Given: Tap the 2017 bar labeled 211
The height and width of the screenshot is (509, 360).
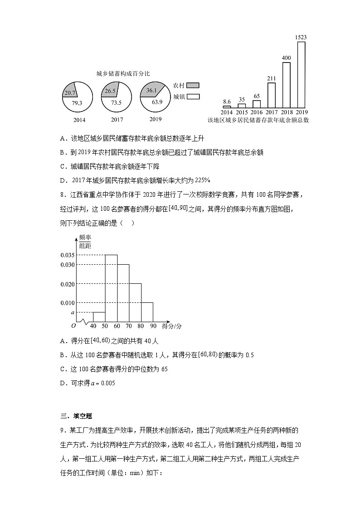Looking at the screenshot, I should (x=272, y=96).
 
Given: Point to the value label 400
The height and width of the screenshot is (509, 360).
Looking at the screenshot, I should (x=287, y=58).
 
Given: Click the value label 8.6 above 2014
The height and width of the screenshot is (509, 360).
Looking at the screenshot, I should (x=227, y=102).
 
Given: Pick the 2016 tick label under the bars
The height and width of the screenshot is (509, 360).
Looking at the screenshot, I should (x=257, y=112).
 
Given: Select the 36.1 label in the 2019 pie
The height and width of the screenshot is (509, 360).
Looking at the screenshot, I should (x=151, y=91).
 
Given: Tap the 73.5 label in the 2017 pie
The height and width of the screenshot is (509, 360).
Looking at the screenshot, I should (x=117, y=102).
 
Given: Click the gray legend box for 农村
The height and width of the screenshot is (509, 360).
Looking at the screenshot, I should (x=193, y=85).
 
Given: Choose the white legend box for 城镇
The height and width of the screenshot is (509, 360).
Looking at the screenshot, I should (x=193, y=97).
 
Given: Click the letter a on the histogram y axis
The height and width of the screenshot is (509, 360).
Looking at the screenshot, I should (x=72, y=312).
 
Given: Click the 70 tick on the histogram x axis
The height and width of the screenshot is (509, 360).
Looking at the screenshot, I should (x=129, y=326).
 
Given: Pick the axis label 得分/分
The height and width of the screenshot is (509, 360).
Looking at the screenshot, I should (x=172, y=326).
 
